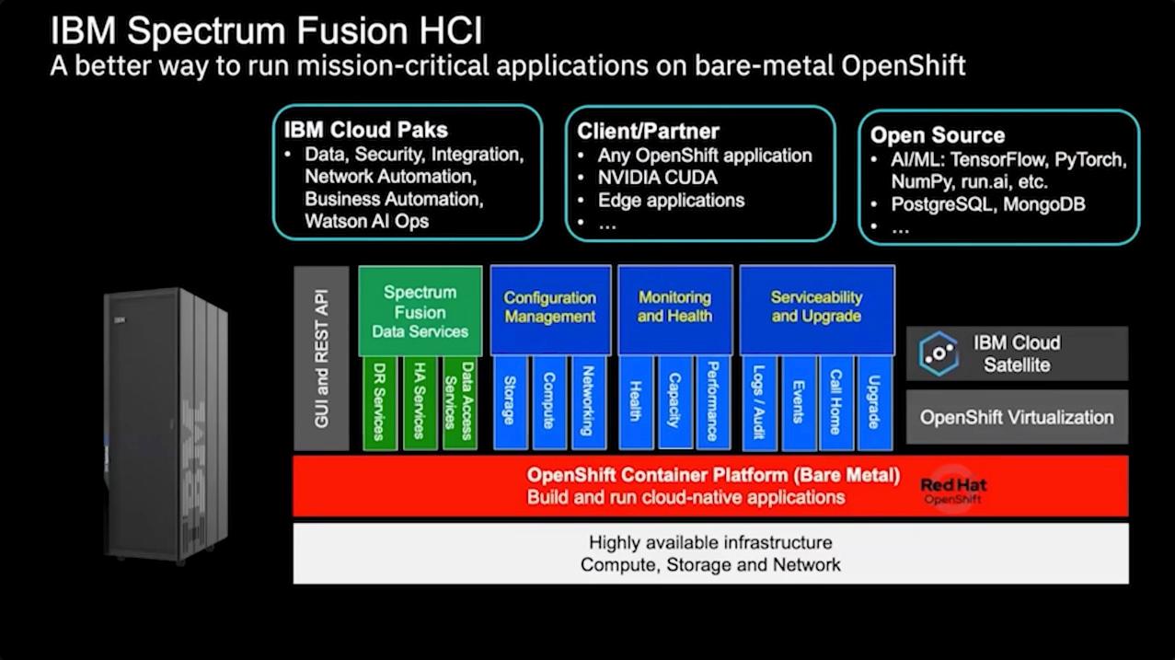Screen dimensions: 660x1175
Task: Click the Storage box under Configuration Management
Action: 509,403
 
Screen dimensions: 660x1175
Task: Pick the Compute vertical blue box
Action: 549,403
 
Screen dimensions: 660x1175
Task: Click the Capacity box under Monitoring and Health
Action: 674,401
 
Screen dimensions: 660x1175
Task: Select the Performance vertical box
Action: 713,401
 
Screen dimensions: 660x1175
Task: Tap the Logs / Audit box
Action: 758,403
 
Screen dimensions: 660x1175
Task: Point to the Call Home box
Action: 836,403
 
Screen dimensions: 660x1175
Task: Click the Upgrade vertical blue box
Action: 874,403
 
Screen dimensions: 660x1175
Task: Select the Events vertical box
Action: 798,403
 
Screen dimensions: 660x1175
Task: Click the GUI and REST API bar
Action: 321,358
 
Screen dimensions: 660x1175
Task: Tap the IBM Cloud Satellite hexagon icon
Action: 939,353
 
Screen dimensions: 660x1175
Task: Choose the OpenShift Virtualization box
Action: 1017,417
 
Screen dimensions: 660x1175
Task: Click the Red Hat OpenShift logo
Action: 953,490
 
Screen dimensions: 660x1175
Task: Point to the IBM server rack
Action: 167,423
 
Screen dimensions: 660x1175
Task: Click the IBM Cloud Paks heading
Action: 365,131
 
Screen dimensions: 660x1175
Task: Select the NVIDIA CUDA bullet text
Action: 657,178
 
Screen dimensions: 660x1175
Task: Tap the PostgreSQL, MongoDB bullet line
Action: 987,203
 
